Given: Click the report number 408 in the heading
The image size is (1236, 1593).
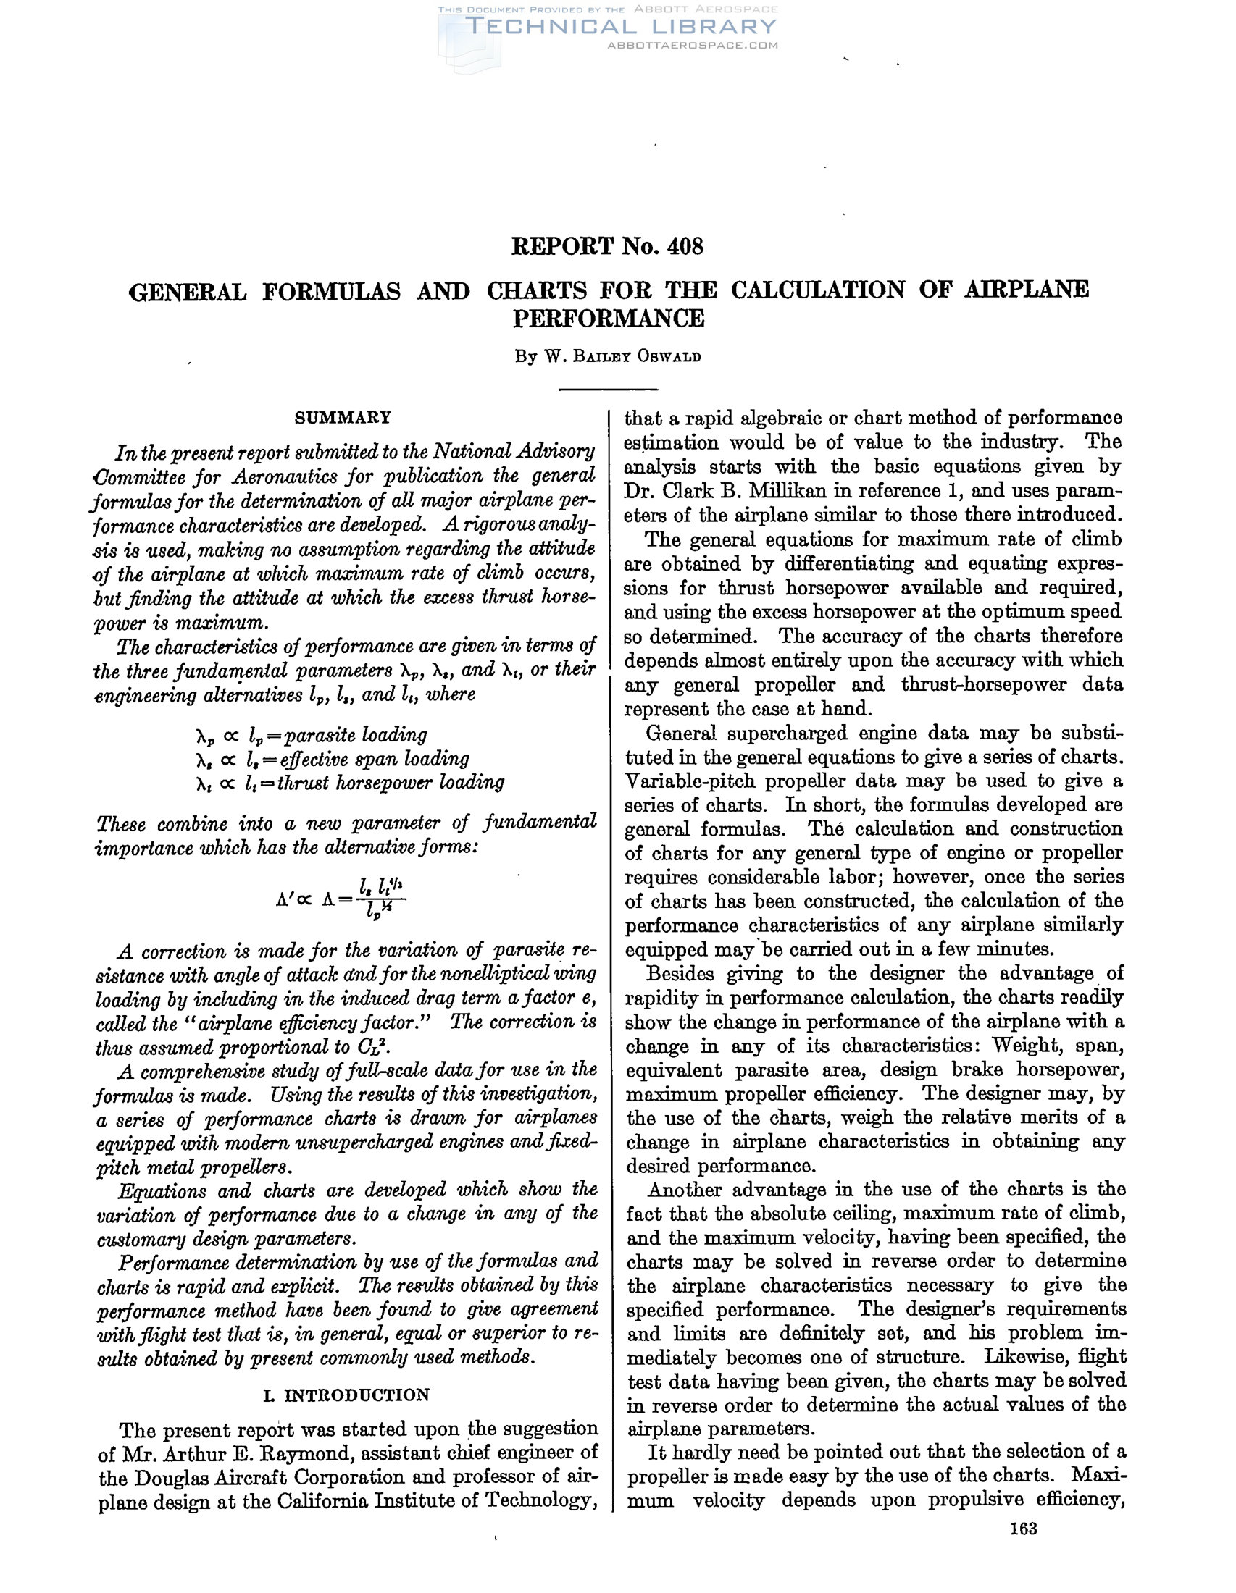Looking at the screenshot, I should click(x=685, y=246).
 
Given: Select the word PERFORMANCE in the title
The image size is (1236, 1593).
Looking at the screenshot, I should click(x=609, y=319).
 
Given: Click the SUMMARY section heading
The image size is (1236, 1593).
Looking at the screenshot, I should click(x=343, y=418).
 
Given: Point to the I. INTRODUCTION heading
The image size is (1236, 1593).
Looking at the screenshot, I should click(x=346, y=1395).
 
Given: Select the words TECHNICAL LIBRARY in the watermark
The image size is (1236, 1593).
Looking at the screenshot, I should click(x=622, y=27).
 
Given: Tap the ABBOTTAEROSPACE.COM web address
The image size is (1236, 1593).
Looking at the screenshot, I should click(x=693, y=45).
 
